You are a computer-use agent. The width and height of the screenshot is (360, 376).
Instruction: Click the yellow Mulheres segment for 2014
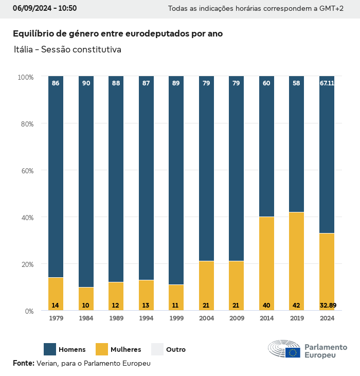[x=266, y=263]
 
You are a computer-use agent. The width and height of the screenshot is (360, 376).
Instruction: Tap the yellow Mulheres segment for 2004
[x=206, y=285]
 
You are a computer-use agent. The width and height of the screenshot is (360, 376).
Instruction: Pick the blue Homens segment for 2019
[x=297, y=144]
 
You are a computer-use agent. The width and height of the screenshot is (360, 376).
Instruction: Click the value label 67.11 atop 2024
[x=327, y=83]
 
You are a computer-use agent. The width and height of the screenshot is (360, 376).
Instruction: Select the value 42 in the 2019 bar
[x=297, y=306]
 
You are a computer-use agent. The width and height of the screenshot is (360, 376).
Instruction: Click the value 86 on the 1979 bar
[x=56, y=83]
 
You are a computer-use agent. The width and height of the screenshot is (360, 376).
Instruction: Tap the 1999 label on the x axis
[x=176, y=318]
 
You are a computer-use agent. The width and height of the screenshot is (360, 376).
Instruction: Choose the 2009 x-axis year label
[x=236, y=318]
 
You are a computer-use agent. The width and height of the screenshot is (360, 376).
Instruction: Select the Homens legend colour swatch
[x=50, y=349]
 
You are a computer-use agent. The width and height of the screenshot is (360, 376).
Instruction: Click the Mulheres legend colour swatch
[x=102, y=349]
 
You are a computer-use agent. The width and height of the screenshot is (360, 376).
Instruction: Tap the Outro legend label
[x=176, y=350]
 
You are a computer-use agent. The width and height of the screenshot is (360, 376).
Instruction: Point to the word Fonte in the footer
[x=24, y=363]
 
